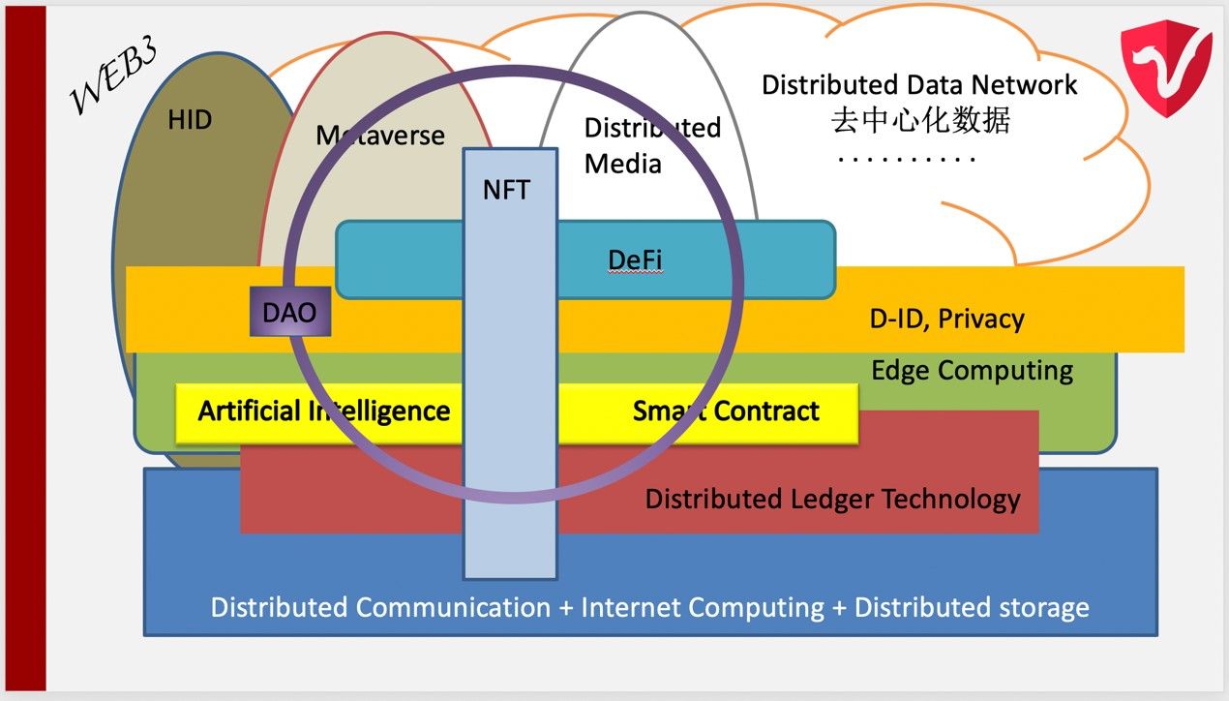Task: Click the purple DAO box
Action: point(290,311)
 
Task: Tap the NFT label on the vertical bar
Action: point(506,190)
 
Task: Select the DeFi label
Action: point(636,259)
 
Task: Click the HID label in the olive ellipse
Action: point(190,120)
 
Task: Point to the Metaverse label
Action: point(380,135)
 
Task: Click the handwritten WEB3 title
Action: point(113,75)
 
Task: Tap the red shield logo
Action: point(1166,68)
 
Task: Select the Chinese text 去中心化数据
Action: point(920,120)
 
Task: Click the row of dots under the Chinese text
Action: point(907,160)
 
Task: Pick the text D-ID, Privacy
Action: point(947,319)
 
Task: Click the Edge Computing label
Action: point(973,371)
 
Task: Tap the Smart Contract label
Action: point(726,411)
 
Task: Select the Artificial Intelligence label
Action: point(324,411)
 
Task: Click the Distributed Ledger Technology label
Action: point(832,500)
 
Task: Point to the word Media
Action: point(623,165)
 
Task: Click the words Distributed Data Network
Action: point(919,85)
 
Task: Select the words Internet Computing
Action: point(703,608)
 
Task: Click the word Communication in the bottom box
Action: point(453,608)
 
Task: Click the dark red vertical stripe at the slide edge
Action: point(26,349)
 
